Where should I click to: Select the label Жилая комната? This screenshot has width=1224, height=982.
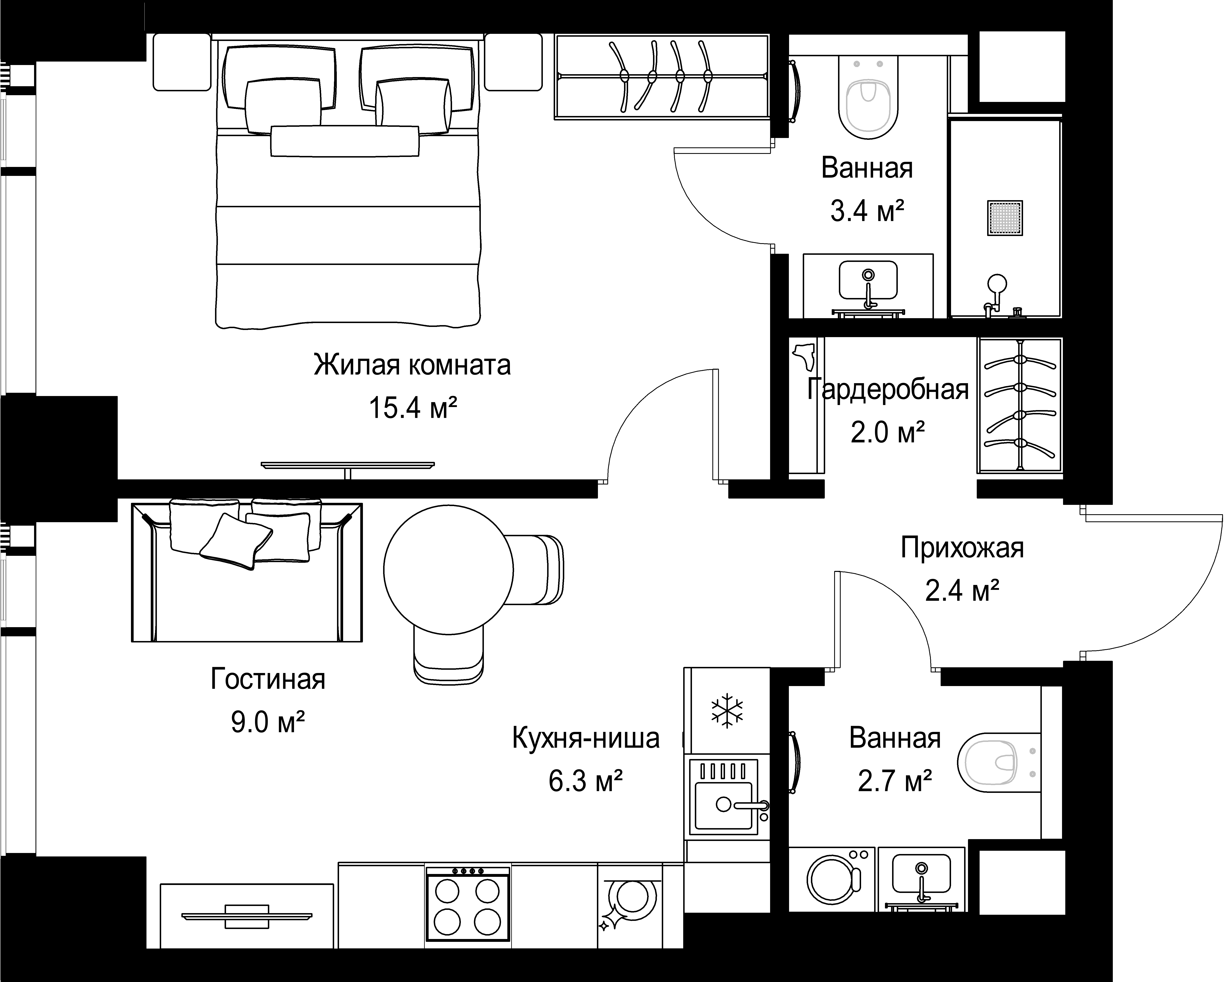pyautogui.click(x=412, y=365)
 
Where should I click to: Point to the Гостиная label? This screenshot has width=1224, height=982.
pyautogui.click(x=268, y=679)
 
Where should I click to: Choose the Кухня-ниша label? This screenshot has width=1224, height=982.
pyautogui.click(x=586, y=738)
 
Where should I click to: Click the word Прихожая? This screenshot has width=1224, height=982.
pyautogui.click(x=962, y=549)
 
